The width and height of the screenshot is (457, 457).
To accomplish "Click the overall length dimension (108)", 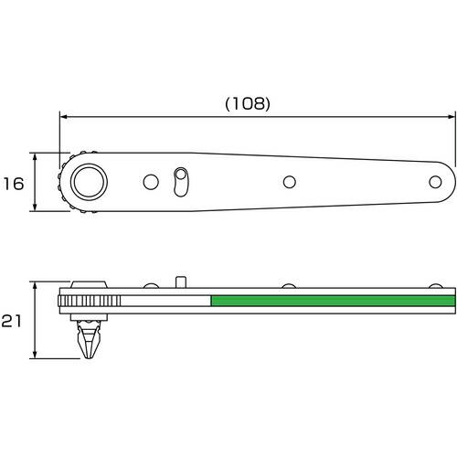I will pyautogui.click(x=247, y=103).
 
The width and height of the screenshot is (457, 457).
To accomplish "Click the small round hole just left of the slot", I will pyautogui.click(x=150, y=182).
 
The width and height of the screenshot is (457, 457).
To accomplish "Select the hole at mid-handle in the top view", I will pyautogui.click(x=290, y=182).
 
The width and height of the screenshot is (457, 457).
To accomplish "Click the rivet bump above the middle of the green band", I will pyautogui.click(x=290, y=288).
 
